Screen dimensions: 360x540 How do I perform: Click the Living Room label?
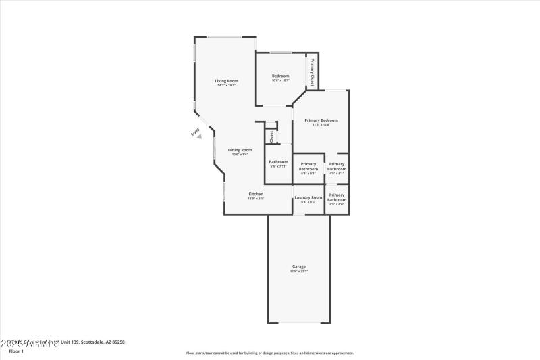[x=226, y=81]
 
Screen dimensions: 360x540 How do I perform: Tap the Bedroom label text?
[x=280, y=76]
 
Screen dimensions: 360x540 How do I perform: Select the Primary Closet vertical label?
[x=313, y=72]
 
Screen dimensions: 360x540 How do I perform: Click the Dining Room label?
[x=240, y=150]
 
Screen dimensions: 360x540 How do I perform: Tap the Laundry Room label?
[x=308, y=197]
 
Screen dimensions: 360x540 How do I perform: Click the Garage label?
[x=299, y=267]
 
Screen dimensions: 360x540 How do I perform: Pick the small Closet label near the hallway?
[x=271, y=136]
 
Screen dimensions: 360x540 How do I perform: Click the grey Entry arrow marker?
[x=198, y=136]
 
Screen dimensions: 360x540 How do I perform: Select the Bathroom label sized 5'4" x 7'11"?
[x=278, y=162]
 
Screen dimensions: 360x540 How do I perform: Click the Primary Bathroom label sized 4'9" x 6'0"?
[x=337, y=197]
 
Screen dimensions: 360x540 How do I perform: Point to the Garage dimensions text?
[x=299, y=272]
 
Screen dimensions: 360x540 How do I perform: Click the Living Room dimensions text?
[x=226, y=86]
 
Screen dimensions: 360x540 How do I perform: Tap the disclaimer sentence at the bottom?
[x=269, y=353]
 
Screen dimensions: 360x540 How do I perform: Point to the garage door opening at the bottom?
[x=299, y=322]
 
